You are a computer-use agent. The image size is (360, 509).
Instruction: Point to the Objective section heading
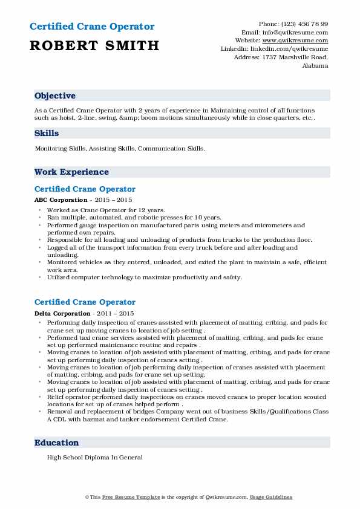55,96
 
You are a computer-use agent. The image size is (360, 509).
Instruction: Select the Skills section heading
47,133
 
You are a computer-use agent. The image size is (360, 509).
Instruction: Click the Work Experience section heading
71,172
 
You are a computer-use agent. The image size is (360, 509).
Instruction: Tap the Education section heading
57,443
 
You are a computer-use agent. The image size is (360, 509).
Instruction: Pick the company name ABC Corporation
61,199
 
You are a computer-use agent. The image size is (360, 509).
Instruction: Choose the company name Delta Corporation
62,314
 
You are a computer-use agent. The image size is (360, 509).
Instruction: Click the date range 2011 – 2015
116,314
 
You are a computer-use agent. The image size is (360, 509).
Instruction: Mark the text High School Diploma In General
94,458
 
